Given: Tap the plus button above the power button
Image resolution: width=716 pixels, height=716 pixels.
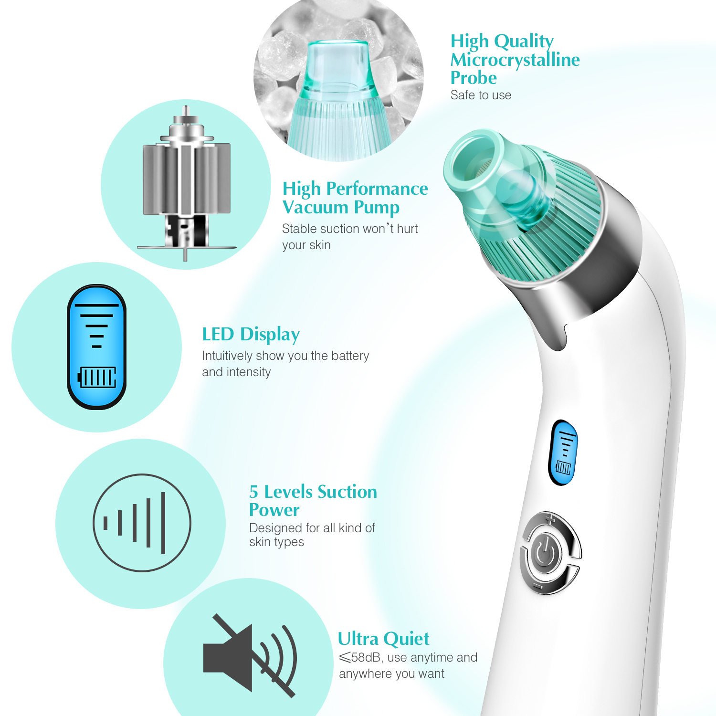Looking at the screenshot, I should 551,520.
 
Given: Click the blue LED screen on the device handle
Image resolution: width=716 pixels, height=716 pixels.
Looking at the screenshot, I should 564,453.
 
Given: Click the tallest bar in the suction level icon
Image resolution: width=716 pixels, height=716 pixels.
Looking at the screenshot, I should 163,523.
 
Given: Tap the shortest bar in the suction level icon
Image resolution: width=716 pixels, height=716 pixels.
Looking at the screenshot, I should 105,523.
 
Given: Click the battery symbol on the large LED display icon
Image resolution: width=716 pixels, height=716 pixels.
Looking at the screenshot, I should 97,377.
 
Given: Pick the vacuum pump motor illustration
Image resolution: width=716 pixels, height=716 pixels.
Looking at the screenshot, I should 187,184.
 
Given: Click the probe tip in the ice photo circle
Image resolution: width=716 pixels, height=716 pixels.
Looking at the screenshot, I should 337,64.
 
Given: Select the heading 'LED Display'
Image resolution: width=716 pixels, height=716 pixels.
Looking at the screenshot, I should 251,334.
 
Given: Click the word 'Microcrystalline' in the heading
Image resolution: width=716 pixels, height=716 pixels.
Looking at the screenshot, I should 515,60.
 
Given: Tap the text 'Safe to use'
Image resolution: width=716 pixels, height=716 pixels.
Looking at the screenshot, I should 481,95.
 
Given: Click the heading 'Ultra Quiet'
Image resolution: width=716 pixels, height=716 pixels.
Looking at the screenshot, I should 383,638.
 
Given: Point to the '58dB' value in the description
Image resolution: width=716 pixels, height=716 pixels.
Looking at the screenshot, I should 366,657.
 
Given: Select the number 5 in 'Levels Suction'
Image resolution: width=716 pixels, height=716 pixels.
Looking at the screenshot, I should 253,492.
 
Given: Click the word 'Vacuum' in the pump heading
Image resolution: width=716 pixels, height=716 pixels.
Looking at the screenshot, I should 316,207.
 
